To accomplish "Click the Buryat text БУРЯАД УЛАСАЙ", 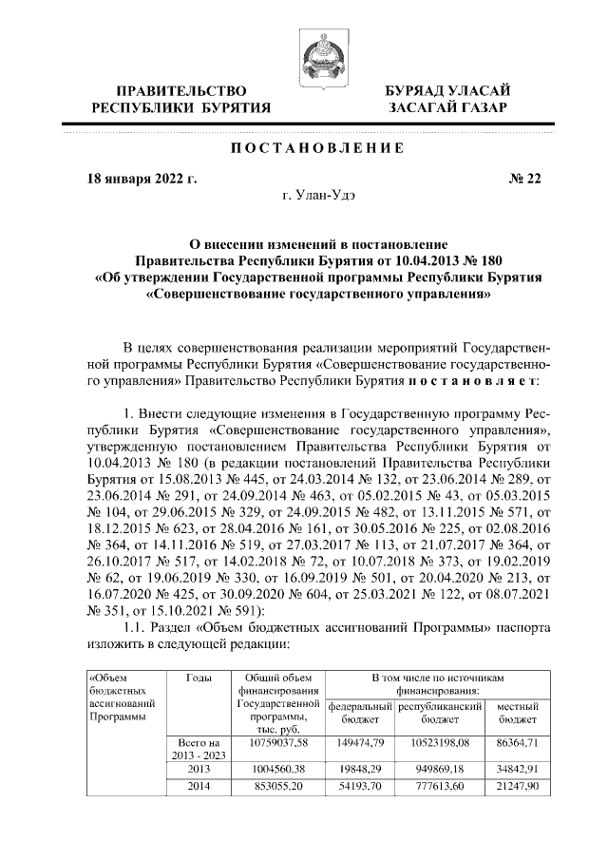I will click(x=447, y=89).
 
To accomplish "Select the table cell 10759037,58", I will click(x=276, y=742).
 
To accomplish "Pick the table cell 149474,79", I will click(x=359, y=742).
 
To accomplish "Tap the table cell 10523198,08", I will click(x=442, y=742).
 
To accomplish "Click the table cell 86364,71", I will click(x=519, y=742).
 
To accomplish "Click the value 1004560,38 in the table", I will click(x=276, y=769).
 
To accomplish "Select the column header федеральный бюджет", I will click(x=359, y=714).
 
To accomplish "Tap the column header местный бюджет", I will click(x=519, y=714).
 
